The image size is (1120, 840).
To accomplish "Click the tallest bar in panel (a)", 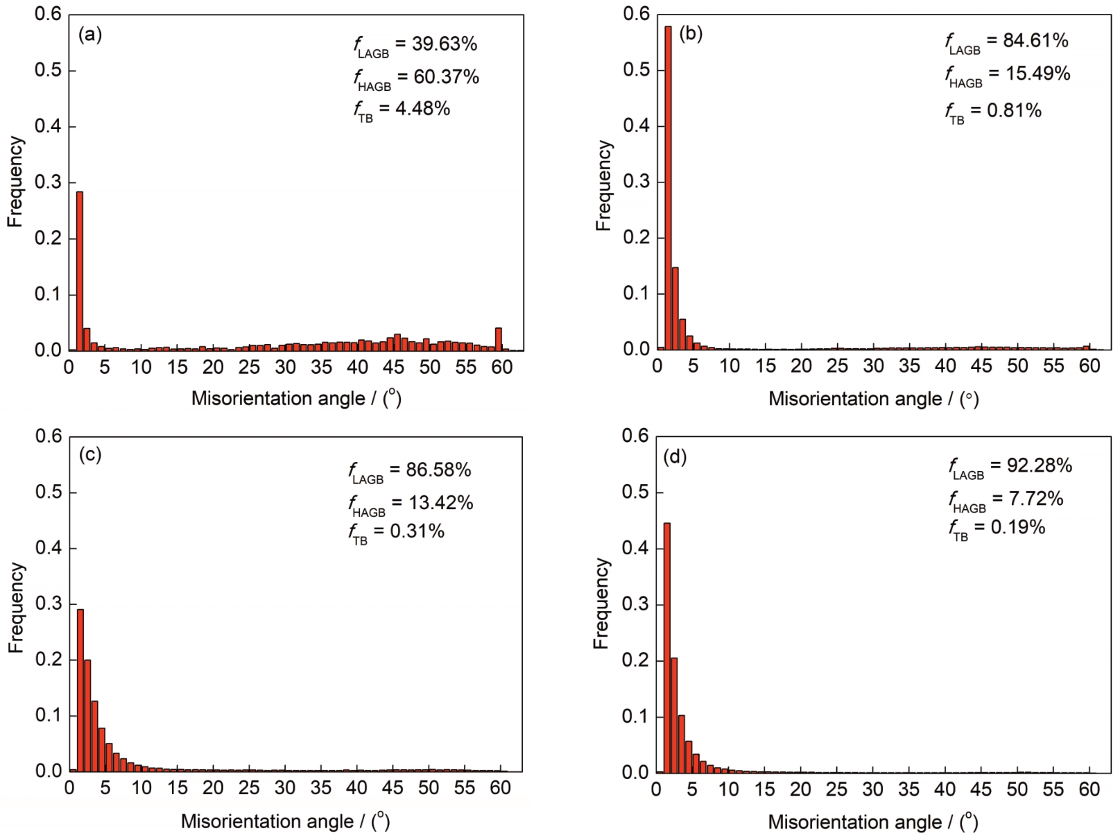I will (80, 271).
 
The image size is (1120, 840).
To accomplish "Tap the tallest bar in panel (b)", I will (668, 187).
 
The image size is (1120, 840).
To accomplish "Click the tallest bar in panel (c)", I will (80, 690).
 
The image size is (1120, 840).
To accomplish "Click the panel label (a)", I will (90, 34).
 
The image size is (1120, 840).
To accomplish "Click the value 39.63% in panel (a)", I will (445, 44).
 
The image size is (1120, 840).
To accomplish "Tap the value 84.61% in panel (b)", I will (1035, 40).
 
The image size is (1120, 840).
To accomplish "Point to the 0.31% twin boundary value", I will (417, 531).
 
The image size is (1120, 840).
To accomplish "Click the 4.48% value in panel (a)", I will (422, 108).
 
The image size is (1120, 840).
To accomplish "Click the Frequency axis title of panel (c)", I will (16, 607).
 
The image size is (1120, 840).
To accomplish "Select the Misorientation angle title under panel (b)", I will (873, 399).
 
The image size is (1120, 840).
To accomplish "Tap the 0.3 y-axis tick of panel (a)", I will (48, 182).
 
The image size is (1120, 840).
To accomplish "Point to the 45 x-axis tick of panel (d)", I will (981, 789).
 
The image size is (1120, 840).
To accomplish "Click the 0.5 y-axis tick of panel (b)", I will (636, 70).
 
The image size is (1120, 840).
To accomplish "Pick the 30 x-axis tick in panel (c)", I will (285, 788).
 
